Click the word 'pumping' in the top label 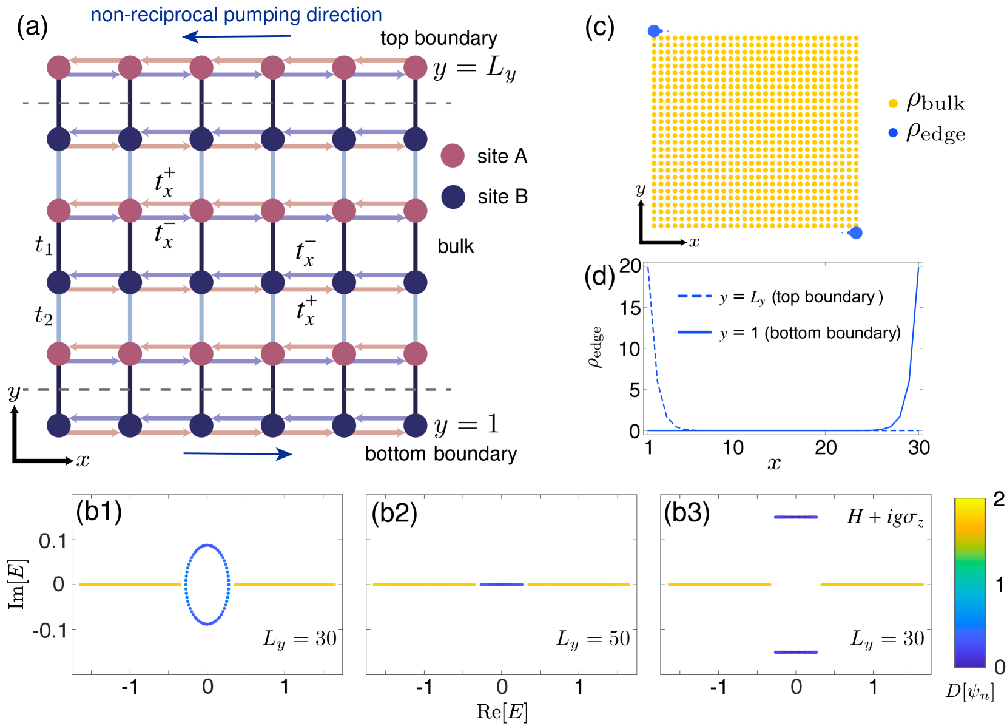point(261,15)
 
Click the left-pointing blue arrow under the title point(237,37)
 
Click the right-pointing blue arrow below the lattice point(238,453)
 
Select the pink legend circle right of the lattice point(453,156)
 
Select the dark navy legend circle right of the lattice point(453,197)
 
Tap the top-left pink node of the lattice point(59,67)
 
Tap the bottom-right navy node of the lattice point(416,426)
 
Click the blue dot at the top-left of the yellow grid point(654,31)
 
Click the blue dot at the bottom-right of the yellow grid point(855,233)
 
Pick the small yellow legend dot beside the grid point(893,104)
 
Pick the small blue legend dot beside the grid point(893,133)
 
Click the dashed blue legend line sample point(694,296)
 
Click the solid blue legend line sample point(694,332)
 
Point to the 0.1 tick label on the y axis point(53,541)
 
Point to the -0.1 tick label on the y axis point(50,631)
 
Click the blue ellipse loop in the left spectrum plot point(186,585)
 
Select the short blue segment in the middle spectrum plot point(502,585)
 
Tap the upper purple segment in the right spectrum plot point(796,517)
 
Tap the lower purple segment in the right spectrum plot point(796,652)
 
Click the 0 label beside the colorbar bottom point(1000,668)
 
